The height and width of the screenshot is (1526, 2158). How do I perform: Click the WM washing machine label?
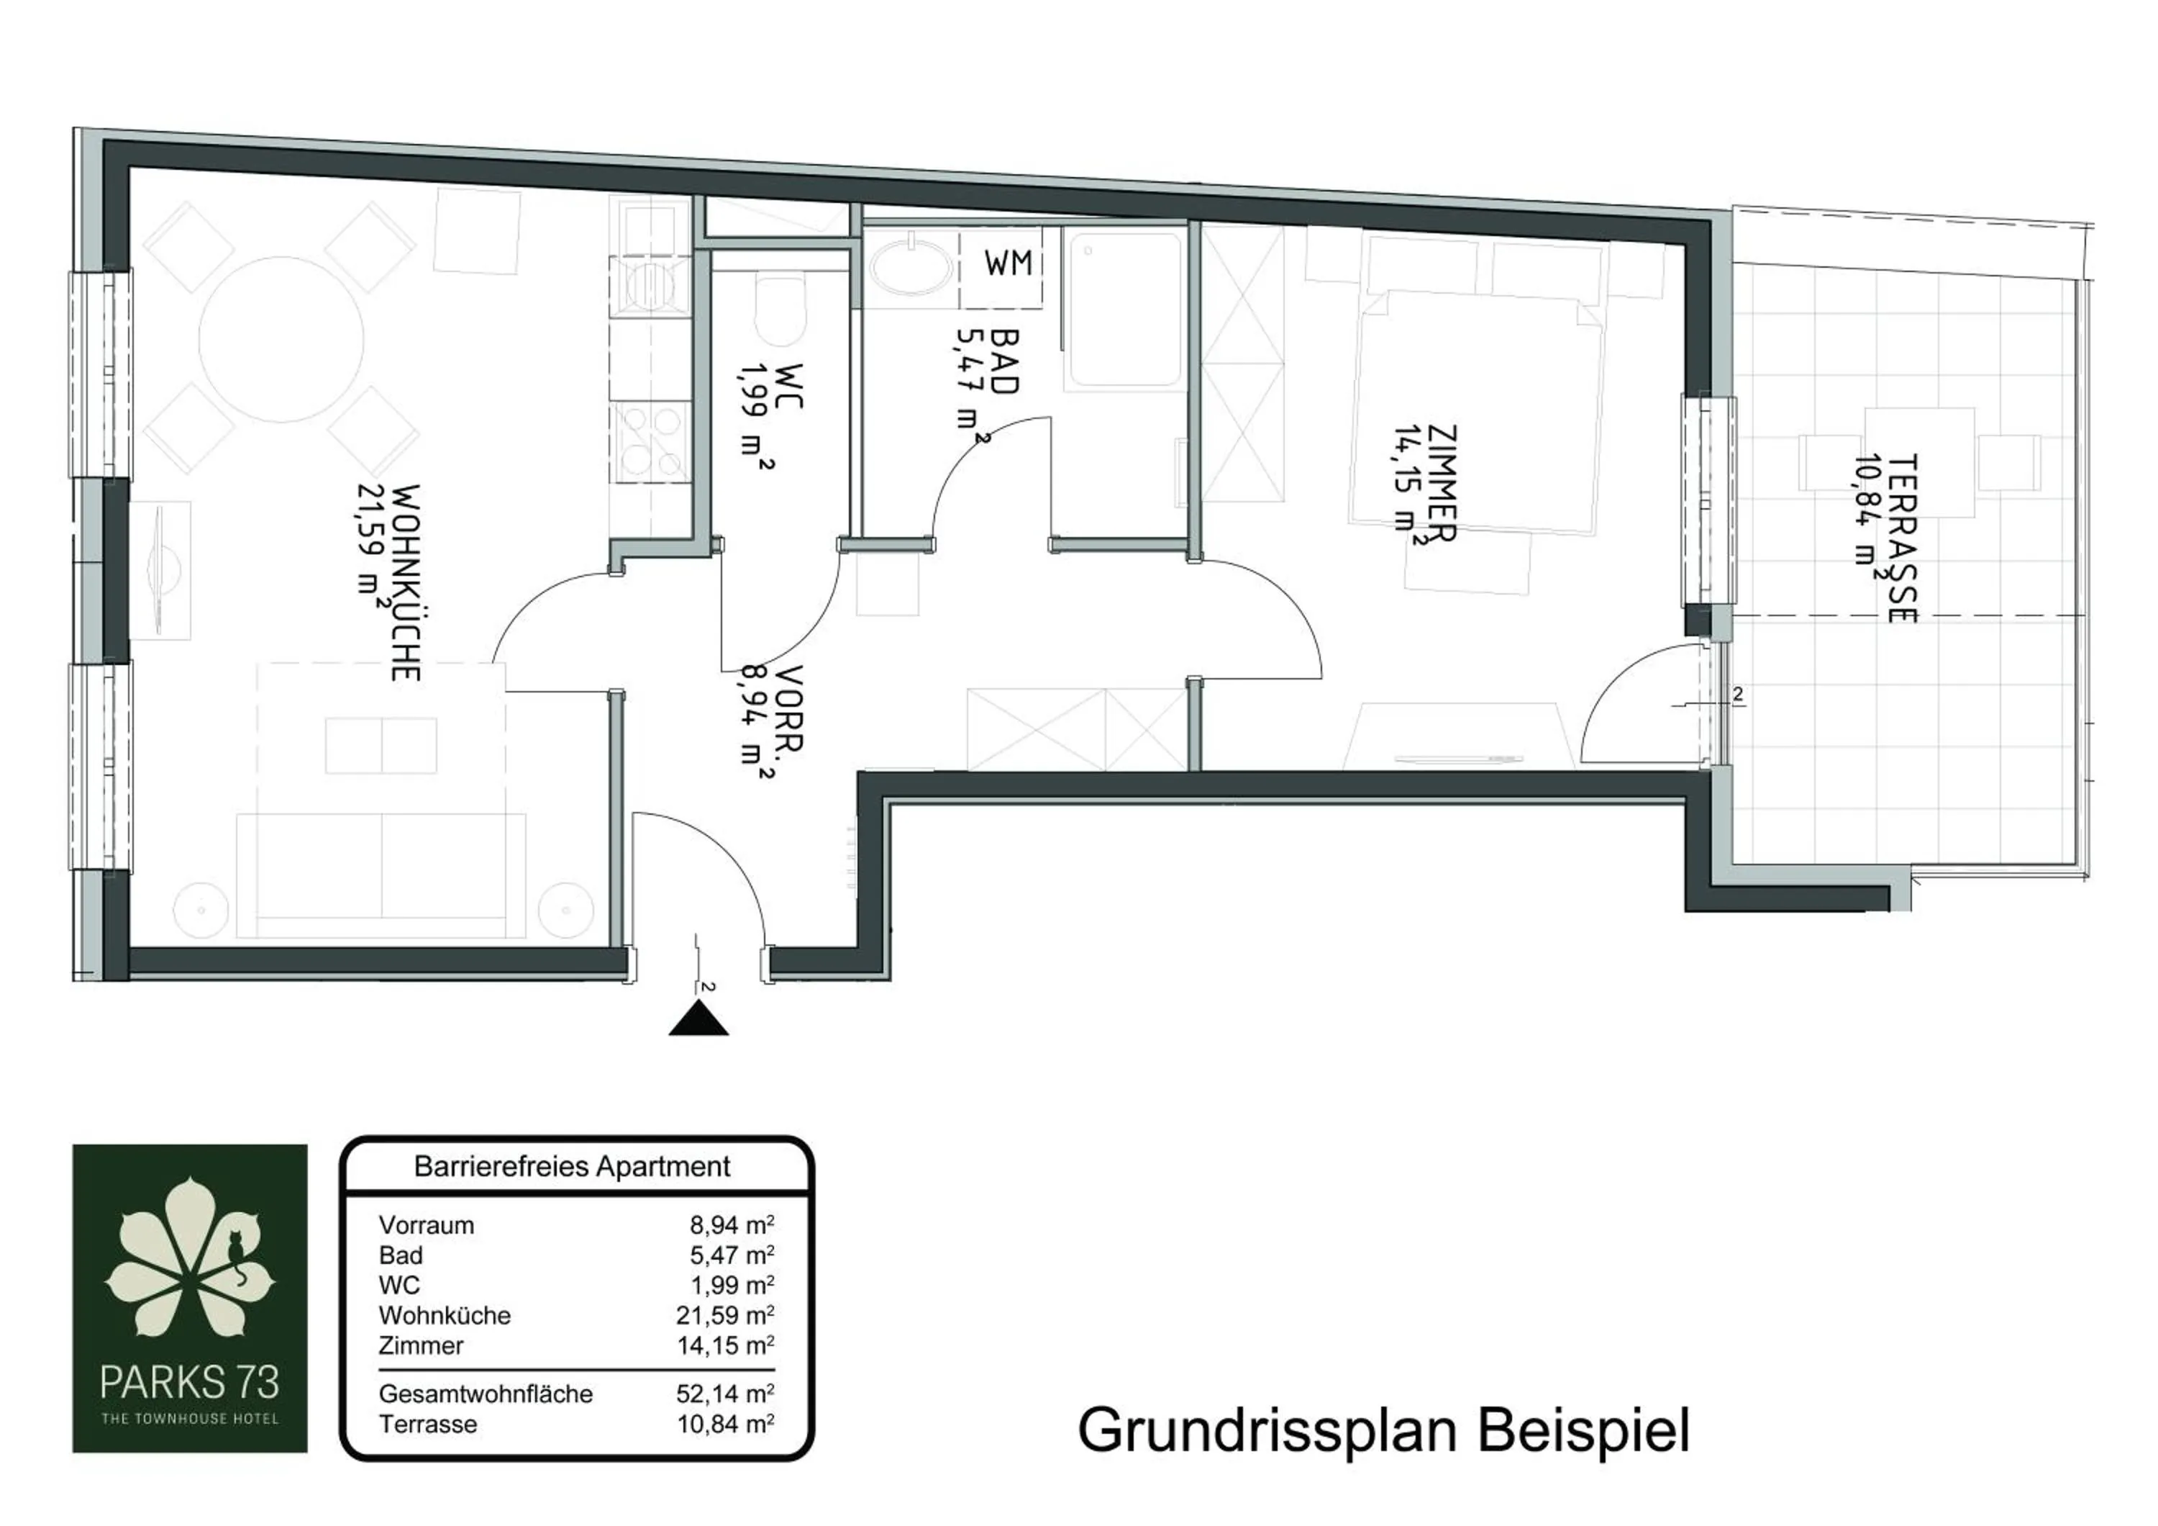pos(1008,264)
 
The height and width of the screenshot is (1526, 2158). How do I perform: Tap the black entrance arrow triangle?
pos(698,1019)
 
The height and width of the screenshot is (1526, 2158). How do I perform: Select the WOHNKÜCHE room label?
pos(405,582)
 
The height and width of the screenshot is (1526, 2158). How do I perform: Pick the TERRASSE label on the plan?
pos(1900,538)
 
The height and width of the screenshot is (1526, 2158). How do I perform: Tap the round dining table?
pos(281,340)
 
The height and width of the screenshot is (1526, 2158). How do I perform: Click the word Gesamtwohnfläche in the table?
pos(485,1394)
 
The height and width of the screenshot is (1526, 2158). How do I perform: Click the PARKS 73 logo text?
pos(190,1382)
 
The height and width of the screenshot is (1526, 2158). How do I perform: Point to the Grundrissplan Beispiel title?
pos(1383,1431)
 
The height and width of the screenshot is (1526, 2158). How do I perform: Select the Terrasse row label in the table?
pos(428,1424)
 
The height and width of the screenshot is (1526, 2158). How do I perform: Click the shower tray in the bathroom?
pos(1122,310)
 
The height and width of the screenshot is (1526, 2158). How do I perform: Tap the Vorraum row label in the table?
pos(426,1225)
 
